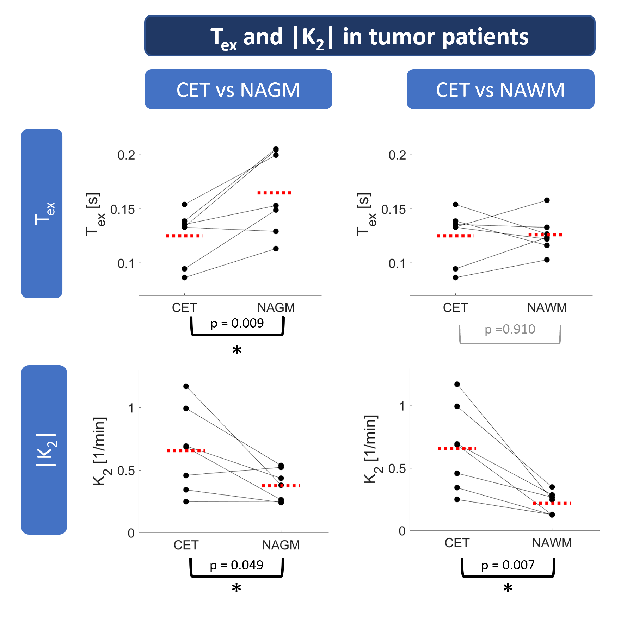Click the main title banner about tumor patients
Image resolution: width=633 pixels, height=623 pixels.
(x=370, y=36)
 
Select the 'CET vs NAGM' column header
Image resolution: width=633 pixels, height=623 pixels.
(x=238, y=89)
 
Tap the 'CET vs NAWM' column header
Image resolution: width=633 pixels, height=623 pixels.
(x=500, y=89)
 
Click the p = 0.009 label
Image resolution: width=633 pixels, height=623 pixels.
(x=237, y=323)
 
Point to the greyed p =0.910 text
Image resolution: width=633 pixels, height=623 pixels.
(x=510, y=329)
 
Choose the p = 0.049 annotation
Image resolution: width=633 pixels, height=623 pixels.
(x=236, y=565)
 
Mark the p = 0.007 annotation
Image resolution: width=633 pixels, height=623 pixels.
(x=508, y=565)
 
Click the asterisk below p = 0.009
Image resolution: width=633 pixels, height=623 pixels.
(x=237, y=350)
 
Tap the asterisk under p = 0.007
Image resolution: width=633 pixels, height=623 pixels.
(x=508, y=588)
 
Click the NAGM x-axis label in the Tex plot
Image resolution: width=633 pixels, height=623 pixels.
(x=276, y=307)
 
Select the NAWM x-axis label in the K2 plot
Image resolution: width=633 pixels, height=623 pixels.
(x=552, y=543)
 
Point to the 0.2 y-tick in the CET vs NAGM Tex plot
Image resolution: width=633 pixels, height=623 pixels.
(x=126, y=155)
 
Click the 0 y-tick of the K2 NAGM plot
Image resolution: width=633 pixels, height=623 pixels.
(x=131, y=533)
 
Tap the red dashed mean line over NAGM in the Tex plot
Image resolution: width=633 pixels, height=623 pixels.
(x=276, y=193)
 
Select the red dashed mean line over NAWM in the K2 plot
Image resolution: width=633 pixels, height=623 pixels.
(x=552, y=503)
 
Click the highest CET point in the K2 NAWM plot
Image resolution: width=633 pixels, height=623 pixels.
(x=457, y=384)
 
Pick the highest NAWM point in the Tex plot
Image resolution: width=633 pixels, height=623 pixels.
(x=547, y=200)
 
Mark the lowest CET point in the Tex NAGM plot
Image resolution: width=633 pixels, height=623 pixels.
(x=184, y=278)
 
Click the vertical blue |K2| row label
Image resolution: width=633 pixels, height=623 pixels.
(x=44, y=450)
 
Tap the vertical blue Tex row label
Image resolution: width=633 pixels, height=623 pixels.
(x=42, y=213)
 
